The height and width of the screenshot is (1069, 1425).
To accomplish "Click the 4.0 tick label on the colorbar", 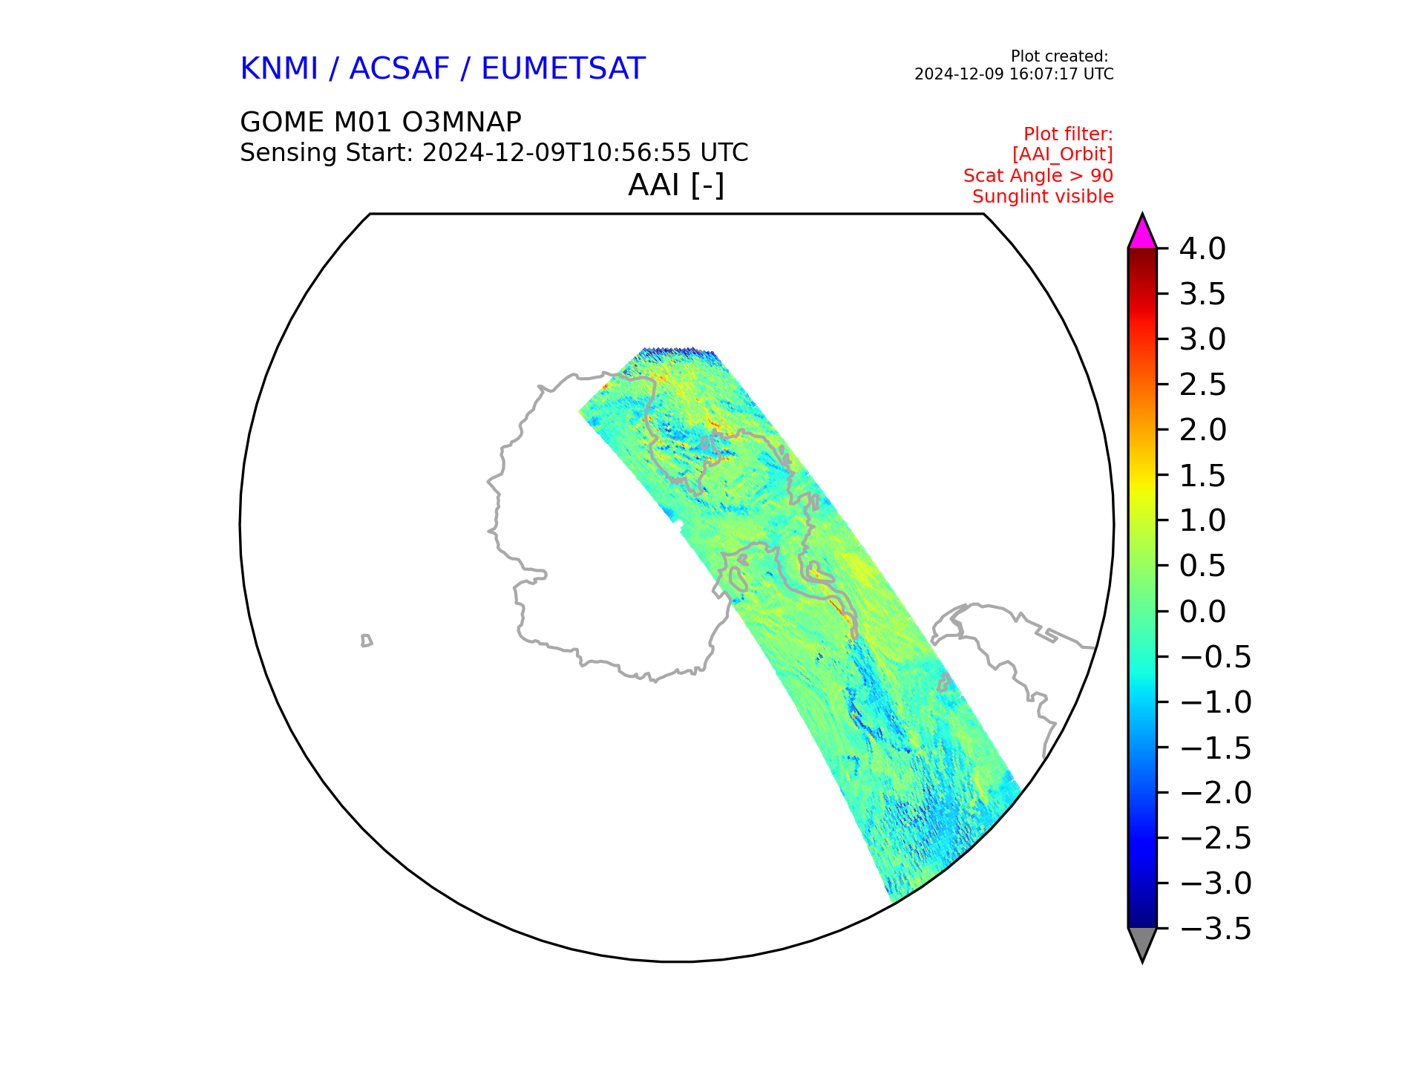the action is (x=1202, y=249).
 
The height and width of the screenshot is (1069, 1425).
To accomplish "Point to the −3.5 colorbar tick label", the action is (x=1215, y=929).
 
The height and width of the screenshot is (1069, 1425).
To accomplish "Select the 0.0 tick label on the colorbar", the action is (x=1202, y=612).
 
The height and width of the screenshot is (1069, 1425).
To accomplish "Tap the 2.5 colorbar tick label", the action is (x=1202, y=385).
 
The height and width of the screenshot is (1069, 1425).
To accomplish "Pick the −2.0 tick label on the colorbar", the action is (x=1215, y=793).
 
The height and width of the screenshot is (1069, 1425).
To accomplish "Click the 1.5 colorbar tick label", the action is (x=1202, y=475).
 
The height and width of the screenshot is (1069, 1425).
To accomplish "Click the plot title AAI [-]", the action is (x=676, y=185).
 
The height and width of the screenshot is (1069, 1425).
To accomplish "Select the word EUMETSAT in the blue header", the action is (x=563, y=69).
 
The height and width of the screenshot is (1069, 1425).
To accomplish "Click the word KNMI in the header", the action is (x=279, y=69).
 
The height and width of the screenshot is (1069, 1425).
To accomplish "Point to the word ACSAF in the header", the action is (x=399, y=69).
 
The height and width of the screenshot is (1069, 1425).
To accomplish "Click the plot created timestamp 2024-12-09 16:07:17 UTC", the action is (x=1014, y=74).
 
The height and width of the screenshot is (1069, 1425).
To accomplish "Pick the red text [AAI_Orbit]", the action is (x=1063, y=154).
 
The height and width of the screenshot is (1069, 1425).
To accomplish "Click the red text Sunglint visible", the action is (x=1043, y=197).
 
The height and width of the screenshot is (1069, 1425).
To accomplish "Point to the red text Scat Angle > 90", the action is (x=1038, y=176).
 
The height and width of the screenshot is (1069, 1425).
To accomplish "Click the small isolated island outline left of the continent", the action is (x=366, y=641).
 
